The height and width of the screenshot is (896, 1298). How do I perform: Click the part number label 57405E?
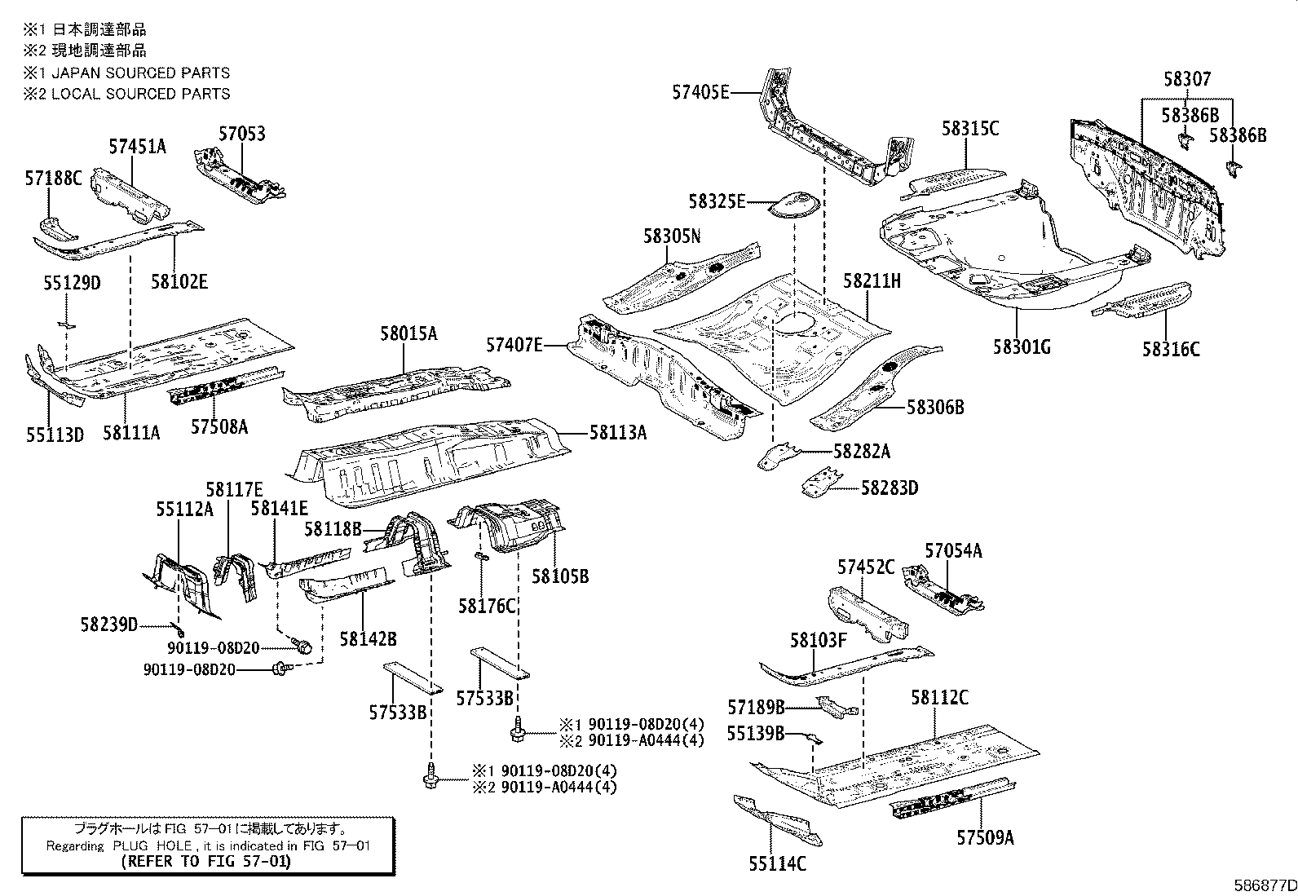pyautogui.click(x=700, y=92)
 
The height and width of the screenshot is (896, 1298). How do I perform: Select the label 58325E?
pyautogui.click(x=716, y=201)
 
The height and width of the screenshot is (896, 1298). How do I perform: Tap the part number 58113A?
pyautogui.click(x=617, y=433)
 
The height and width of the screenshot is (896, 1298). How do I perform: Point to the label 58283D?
pyautogui.click(x=889, y=488)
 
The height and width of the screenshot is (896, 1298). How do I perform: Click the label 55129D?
pyautogui.click(x=72, y=283)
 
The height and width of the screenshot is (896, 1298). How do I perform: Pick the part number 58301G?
pyautogui.click(x=1021, y=346)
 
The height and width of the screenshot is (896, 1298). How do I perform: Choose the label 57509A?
pyautogui.click(x=985, y=837)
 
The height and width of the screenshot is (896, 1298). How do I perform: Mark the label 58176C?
pyautogui.click(x=487, y=605)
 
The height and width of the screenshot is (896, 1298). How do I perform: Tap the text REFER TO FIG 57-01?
pyautogui.click(x=205, y=861)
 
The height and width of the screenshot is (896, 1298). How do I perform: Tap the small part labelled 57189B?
pyautogui.click(x=837, y=706)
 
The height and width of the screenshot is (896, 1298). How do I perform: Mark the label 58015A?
pyautogui.click(x=408, y=333)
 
